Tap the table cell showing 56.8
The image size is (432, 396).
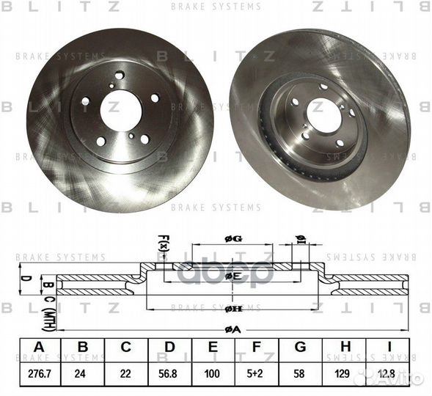pyautogui.click(x=169, y=375)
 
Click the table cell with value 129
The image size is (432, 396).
pyautogui.click(x=342, y=375)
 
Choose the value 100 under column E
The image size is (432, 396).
pyautogui.click(x=212, y=375)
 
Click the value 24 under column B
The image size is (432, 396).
pyautogui.click(x=82, y=375)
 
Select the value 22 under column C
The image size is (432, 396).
pyautogui.click(x=125, y=375)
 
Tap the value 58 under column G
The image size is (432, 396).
pyautogui.click(x=299, y=375)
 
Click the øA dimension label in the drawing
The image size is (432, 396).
pyautogui.click(x=233, y=330)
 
